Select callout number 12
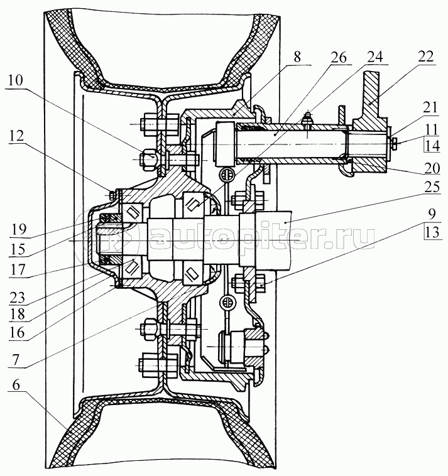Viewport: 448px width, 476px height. (x=16, y=136)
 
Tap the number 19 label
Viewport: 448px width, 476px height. (x=18, y=229)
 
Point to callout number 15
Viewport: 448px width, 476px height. (x=18, y=249)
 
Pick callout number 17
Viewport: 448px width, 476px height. (x=18, y=269)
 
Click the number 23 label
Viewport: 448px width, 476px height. (x=18, y=298)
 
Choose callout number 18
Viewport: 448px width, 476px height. (x=18, y=315)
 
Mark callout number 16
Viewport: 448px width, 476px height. (x=18, y=333)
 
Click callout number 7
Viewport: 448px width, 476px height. (x=16, y=360)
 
